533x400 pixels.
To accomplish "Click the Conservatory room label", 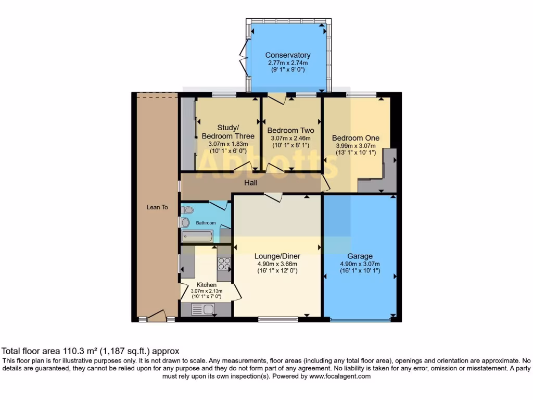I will (288, 55).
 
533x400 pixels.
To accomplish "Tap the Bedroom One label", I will (356, 138).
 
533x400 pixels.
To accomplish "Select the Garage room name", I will (360, 256).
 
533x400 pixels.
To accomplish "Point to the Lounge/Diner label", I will (277, 256).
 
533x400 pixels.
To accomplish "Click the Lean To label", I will (157, 207).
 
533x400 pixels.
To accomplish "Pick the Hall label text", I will (251, 183).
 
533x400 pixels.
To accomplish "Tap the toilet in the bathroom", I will (188, 210).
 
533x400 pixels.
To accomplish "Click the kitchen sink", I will (203, 310).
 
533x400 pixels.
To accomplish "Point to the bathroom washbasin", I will (185, 222).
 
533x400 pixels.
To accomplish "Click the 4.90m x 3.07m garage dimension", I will (360, 264).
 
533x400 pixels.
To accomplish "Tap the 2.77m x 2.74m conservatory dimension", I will (288, 63).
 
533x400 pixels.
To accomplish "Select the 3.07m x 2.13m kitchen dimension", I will (206, 291).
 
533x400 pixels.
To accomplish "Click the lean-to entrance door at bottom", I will (157, 316).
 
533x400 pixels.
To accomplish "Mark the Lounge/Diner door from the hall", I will (273, 197).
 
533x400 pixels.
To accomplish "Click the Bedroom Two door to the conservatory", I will (276, 98).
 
